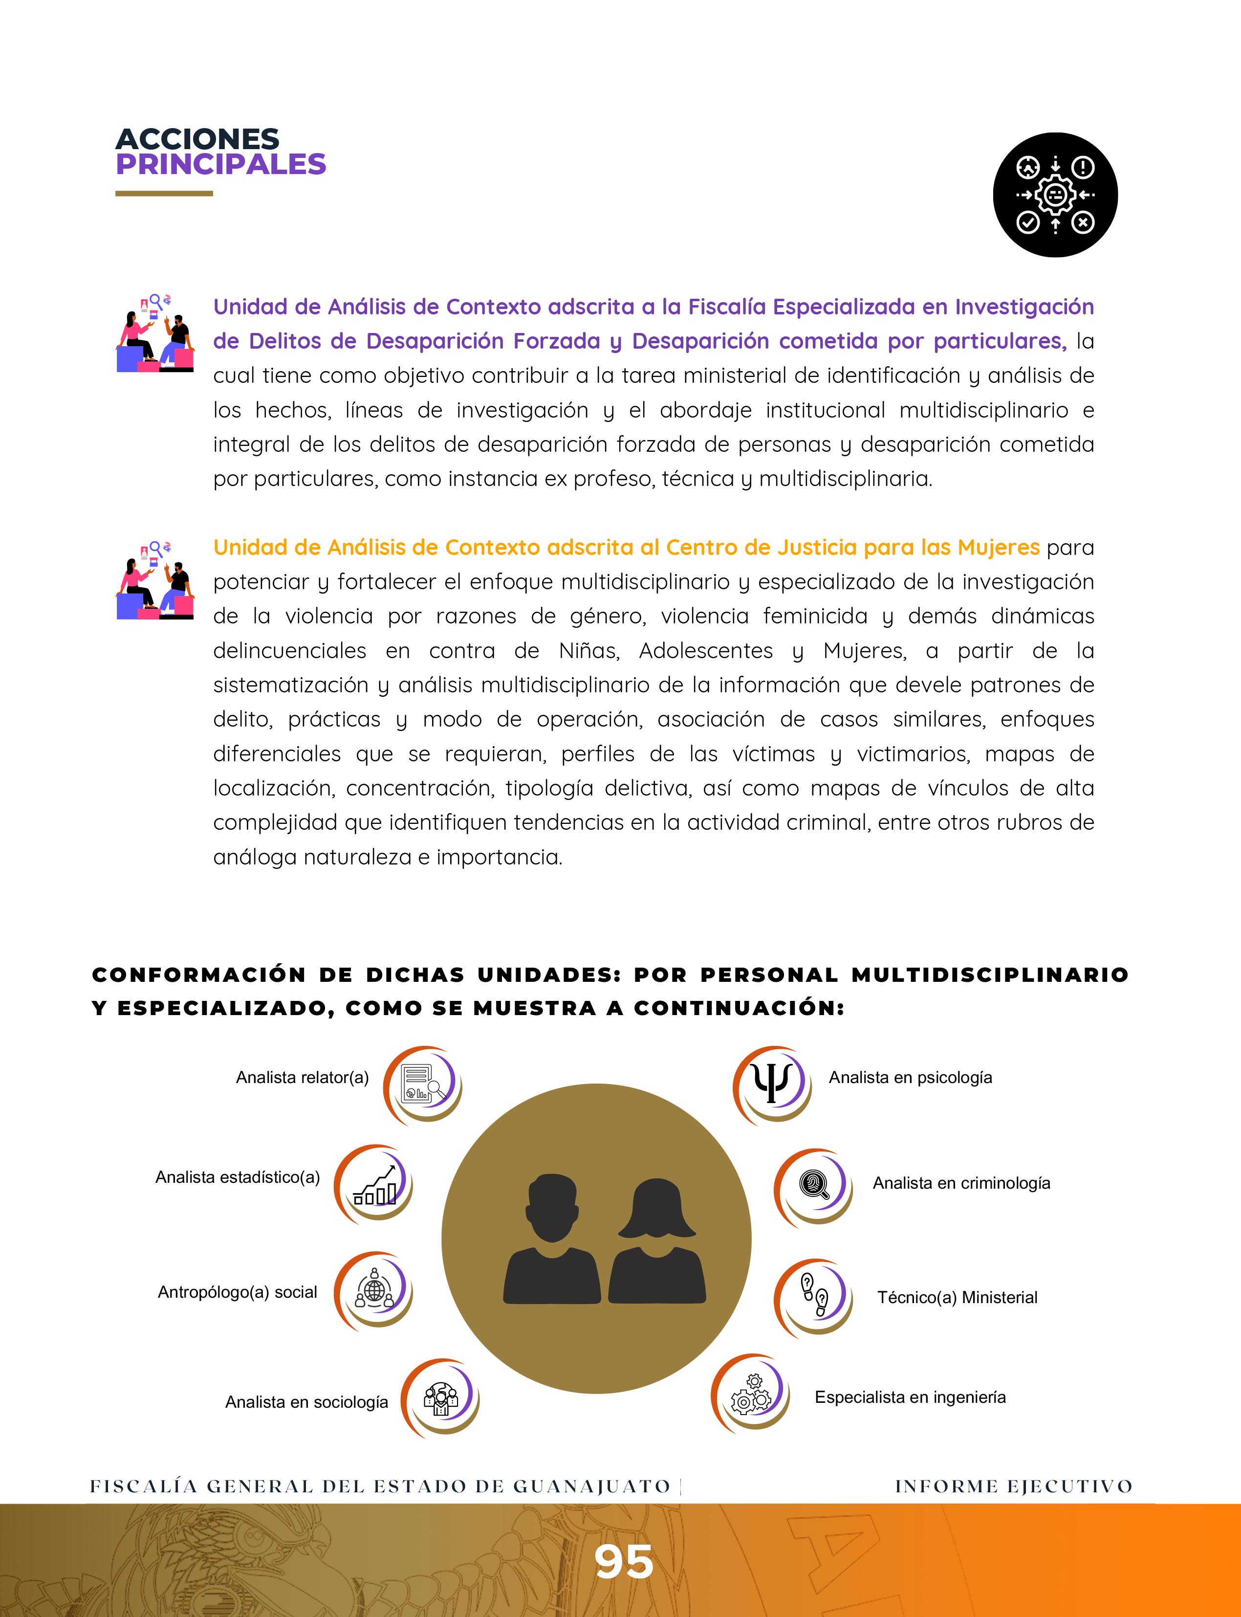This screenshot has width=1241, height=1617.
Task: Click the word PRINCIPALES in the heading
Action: point(220,164)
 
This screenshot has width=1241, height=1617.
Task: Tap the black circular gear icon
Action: point(1055,195)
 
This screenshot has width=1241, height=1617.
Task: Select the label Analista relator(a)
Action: point(302,1078)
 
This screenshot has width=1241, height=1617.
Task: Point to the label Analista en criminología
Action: point(961,1183)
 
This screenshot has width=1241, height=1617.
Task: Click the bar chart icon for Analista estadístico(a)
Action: point(375,1185)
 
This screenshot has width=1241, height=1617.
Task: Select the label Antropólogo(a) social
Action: point(237,1292)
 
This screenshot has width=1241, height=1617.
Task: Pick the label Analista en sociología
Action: point(306,1402)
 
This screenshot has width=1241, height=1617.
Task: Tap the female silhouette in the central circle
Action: point(657,1241)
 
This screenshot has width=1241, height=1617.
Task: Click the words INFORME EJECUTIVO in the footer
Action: point(1014,1486)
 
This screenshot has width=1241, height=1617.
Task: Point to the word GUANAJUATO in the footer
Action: point(591,1486)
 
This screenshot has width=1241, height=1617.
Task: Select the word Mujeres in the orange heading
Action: point(998,548)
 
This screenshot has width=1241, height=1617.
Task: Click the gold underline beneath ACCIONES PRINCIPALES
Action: point(164,194)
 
